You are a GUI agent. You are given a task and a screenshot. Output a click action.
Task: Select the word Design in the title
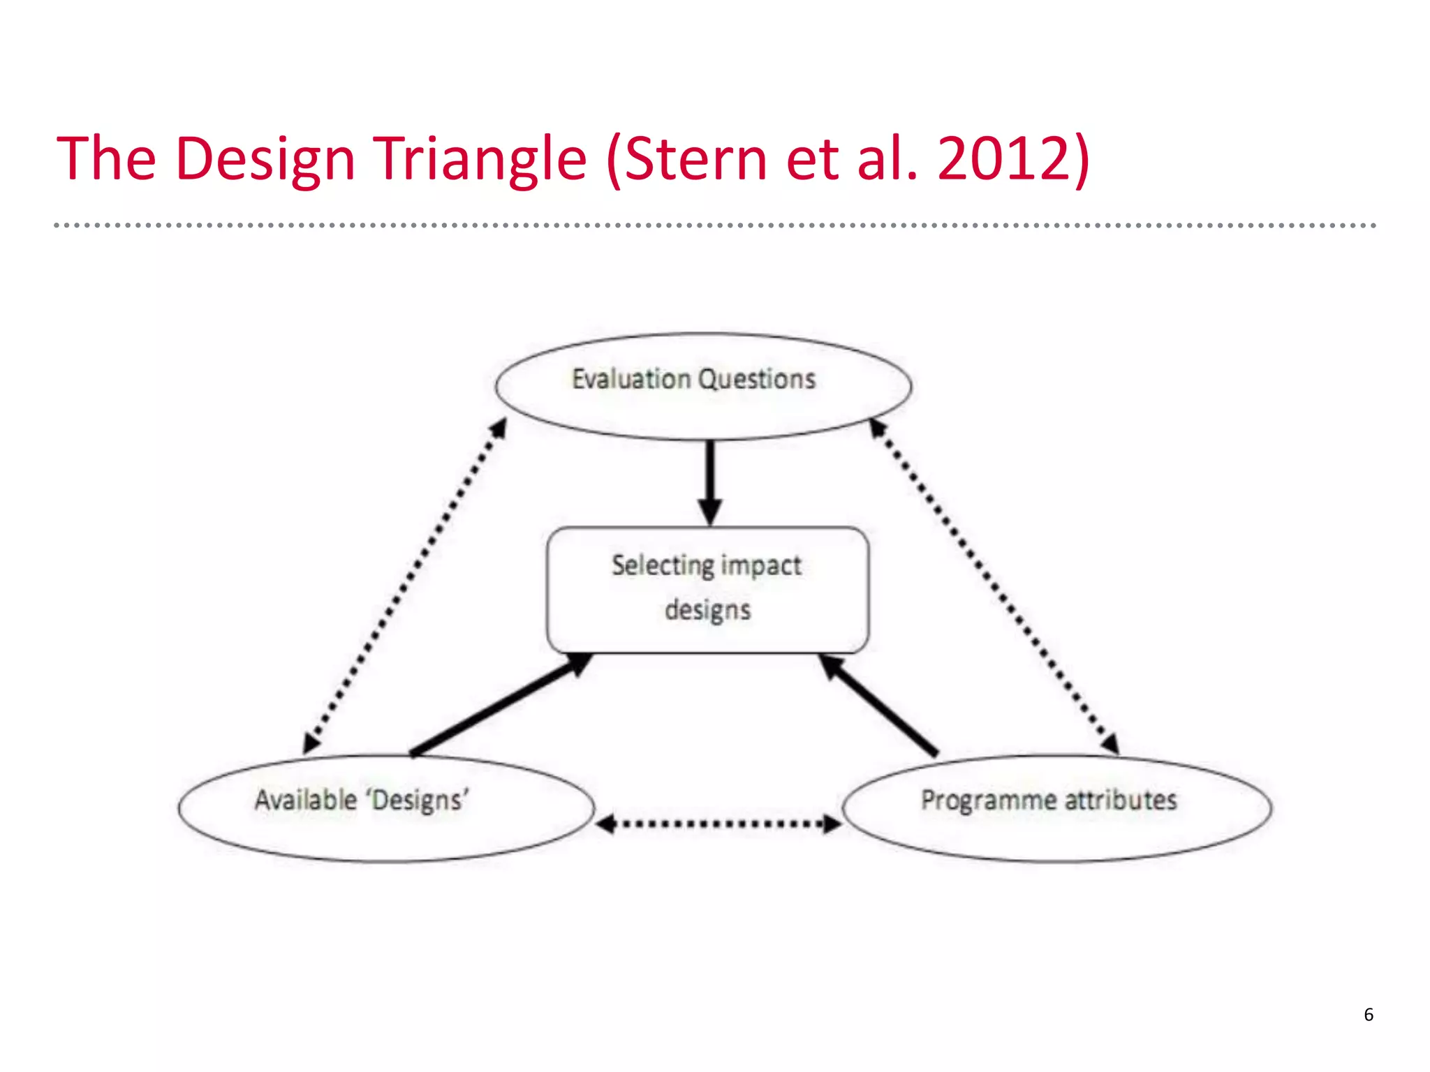pyautogui.click(x=265, y=159)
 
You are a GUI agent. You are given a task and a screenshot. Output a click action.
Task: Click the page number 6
pyautogui.click(x=1369, y=1014)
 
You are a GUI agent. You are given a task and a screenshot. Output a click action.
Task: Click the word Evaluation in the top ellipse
pyautogui.click(x=631, y=379)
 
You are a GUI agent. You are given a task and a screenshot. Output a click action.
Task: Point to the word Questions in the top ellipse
pyautogui.click(x=757, y=379)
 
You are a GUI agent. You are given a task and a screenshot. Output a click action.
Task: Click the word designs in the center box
pyautogui.click(x=707, y=609)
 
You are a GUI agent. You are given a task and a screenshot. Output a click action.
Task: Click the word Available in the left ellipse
pyautogui.click(x=306, y=800)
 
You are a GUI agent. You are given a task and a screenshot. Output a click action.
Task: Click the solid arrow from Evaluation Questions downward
pyautogui.click(x=709, y=482)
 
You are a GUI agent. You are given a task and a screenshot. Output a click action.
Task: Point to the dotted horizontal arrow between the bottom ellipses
pyautogui.click(x=719, y=824)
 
